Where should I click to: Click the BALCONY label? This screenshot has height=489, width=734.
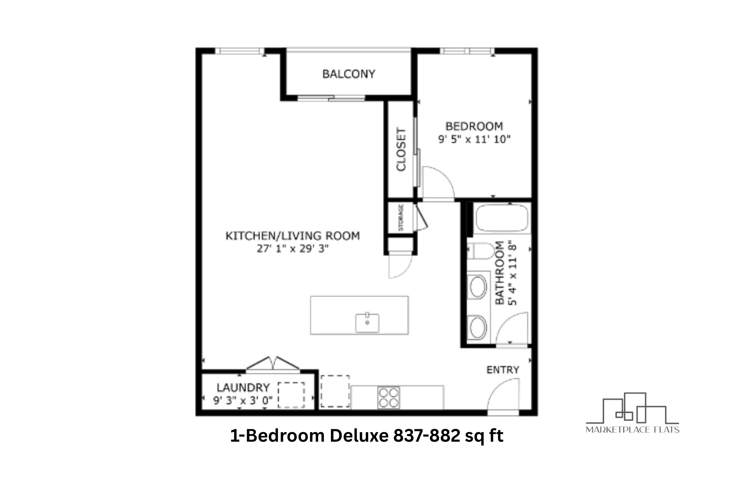(349, 74)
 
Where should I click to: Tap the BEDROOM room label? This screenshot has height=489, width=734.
(474, 126)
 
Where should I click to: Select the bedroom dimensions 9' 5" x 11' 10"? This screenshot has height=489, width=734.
(474, 139)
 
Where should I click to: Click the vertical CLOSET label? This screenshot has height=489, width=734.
(401, 149)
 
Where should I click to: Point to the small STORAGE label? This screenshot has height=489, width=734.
(401, 218)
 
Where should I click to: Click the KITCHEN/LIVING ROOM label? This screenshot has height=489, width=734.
(292, 236)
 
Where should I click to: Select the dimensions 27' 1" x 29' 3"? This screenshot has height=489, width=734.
(292, 249)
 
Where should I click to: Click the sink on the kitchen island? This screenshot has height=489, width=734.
(367, 323)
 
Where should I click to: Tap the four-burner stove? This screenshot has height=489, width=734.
(388, 398)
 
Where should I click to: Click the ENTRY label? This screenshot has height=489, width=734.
(502, 370)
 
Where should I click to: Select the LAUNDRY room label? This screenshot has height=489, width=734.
(243, 387)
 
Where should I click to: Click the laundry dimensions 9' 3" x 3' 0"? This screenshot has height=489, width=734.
(243, 400)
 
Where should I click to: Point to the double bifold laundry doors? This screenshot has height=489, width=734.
(272, 364)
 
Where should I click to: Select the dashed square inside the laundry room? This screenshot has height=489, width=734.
(291, 395)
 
